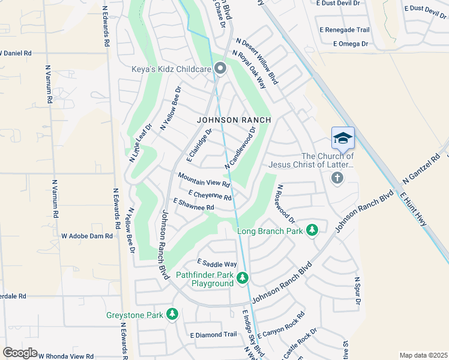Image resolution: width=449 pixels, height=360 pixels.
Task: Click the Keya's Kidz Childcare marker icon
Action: pos(220,70)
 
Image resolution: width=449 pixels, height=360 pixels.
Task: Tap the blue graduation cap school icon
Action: pos(343,137)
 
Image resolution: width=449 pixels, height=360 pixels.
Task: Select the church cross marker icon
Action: pos(337,178)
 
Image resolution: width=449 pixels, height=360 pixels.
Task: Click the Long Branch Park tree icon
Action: pos(312,230)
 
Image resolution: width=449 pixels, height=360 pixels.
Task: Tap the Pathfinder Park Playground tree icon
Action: pos(242,278)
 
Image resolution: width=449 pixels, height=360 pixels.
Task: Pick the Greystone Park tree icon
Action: pos(172,314)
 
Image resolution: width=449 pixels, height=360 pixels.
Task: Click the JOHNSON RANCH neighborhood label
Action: pos(234,120)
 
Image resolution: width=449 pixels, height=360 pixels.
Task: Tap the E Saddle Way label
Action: pos(217,264)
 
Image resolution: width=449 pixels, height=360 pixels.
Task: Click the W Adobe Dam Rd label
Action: pos(87,236)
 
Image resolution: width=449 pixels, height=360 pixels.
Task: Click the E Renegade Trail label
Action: pos(345,30)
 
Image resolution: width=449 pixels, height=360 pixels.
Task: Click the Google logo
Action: pos(20,353)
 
